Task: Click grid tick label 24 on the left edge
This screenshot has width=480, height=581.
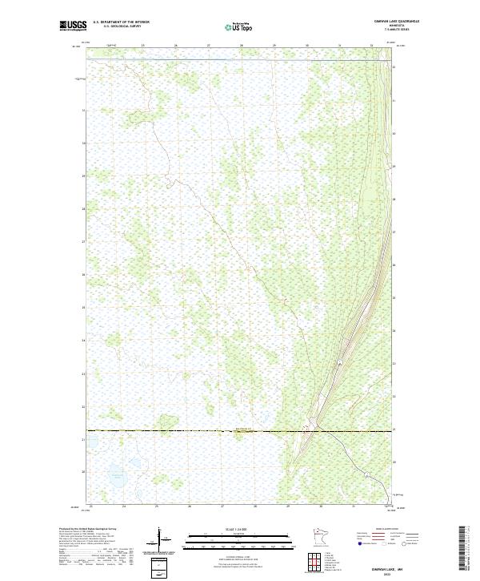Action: click(82, 340)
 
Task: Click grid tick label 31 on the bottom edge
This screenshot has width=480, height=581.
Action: click(353, 506)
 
